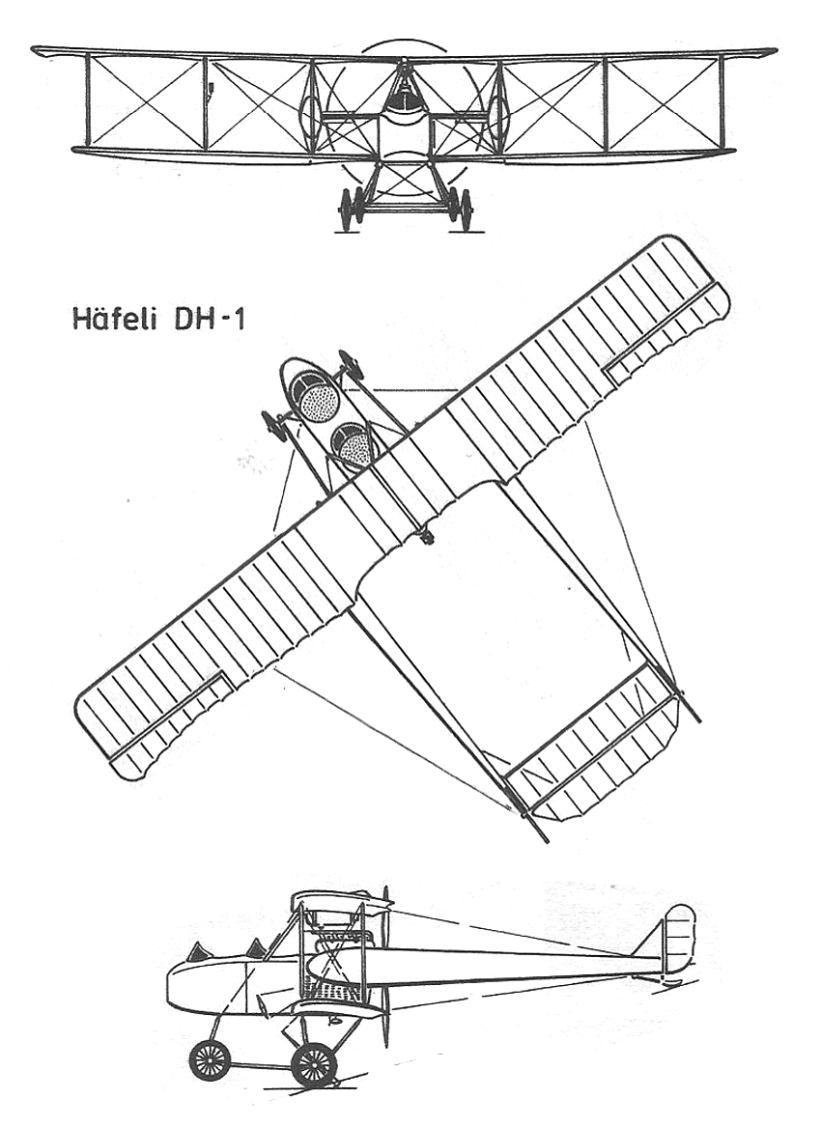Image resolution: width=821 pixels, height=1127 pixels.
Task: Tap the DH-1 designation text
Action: [210, 319]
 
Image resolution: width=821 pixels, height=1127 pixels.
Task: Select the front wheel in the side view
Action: [210, 1059]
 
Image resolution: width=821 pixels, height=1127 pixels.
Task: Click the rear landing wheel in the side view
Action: [314, 1064]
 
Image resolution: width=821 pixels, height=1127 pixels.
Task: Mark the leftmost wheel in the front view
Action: [346, 210]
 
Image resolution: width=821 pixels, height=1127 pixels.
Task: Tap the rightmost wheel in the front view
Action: [466, 210]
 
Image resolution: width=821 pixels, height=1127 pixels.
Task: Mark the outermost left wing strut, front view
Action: [88, 100]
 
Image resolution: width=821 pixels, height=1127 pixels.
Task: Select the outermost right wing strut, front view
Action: [719, 102]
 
